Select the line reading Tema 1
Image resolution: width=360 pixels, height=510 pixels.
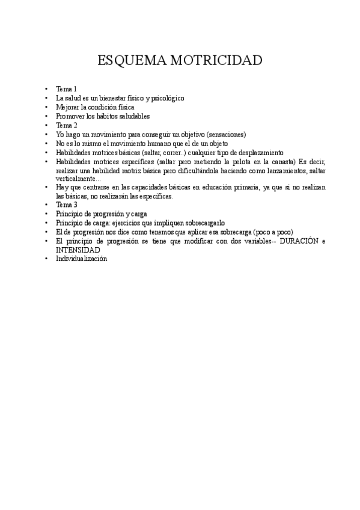[x=67, y=89]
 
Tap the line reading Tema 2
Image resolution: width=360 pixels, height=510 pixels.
[x=67, y=125]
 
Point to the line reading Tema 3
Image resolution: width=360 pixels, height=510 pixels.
[x=67, y=205]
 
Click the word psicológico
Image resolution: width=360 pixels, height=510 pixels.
[x=164, y=98]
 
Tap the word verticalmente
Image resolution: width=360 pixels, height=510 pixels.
[x=78, y=179]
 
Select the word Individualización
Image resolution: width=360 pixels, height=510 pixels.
[x=81, y=259]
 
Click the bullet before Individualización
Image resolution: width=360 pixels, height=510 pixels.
[x=46, y=259]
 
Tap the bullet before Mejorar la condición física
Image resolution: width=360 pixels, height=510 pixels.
[x=46, y=107]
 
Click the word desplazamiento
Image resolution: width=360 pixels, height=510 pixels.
[x=257, y=152]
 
